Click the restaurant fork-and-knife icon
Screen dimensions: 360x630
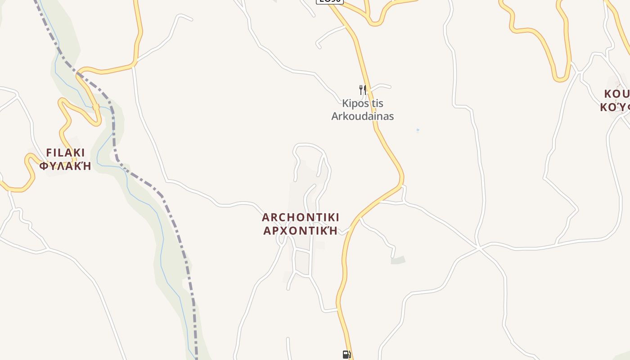tap(363, 90)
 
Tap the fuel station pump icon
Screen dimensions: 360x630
tap(346, 355)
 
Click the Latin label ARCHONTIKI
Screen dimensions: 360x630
tap(301, 217)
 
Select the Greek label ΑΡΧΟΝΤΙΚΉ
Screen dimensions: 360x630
tap(301, 231)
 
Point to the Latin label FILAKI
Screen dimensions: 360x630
tap(65, 153)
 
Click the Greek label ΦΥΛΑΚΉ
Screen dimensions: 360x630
tap(65, 166)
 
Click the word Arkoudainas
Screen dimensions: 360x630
tap(363, 116)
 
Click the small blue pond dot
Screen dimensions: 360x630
tap(418, 130)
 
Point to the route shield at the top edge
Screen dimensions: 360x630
tap(329, 1)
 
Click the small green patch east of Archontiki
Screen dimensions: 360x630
tap(398, 260)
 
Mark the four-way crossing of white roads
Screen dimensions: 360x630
tap(480, 247)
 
